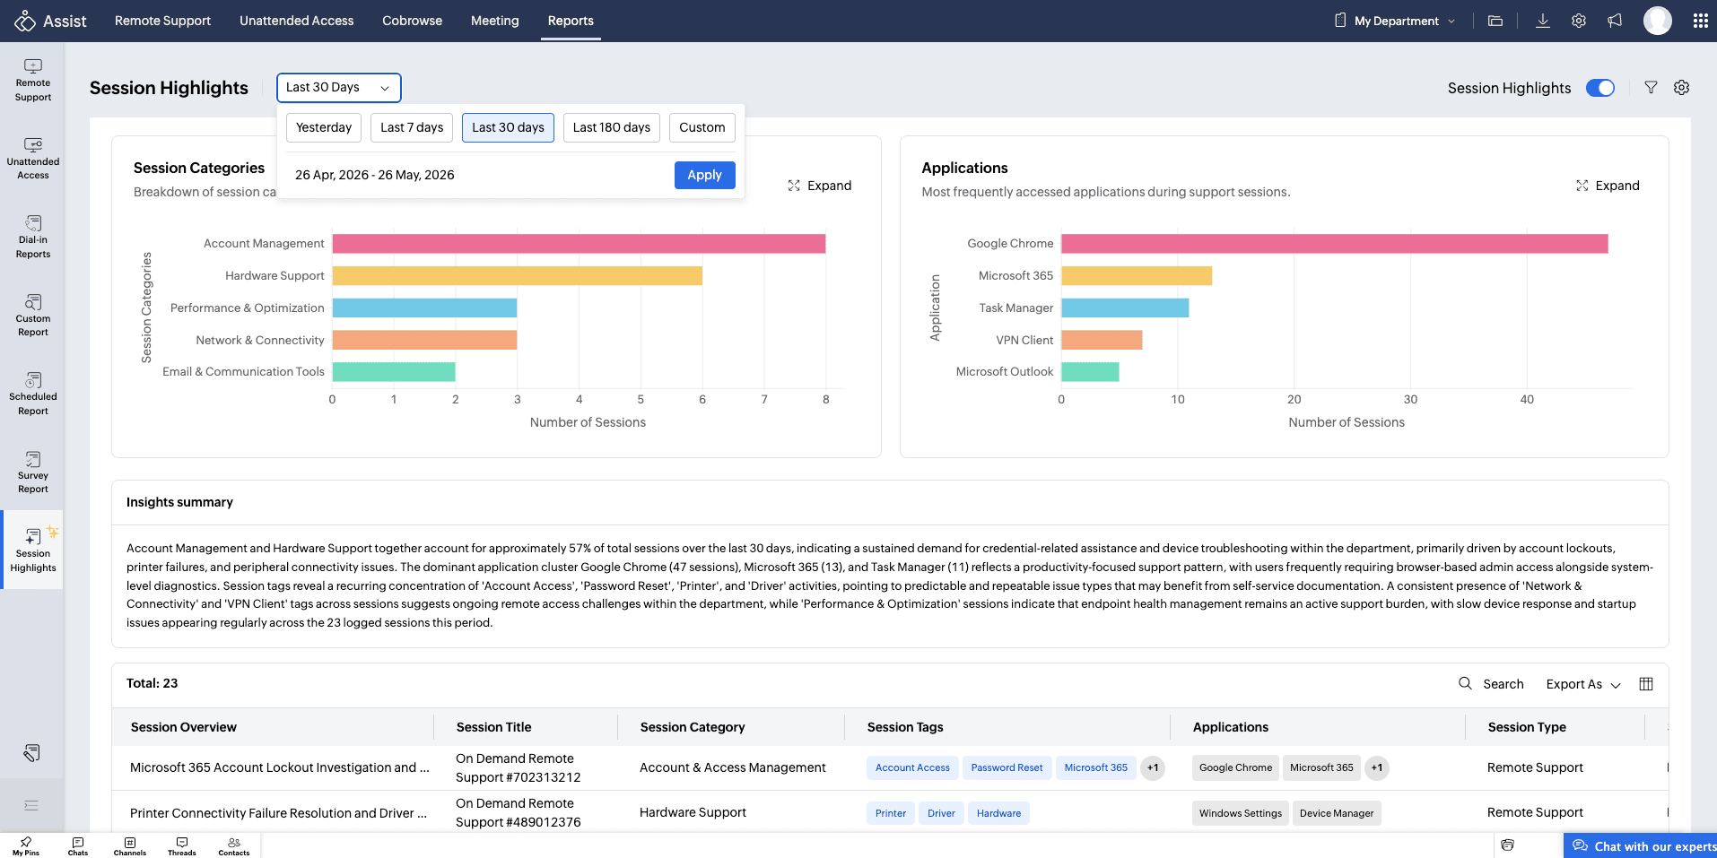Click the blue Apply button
(704, 175)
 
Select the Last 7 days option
(412, 127)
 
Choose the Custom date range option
(702, 127)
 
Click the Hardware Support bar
(518, 276)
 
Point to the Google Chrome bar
(1335, 244)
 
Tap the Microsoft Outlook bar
(1090, 372)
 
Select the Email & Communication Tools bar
(394, 372)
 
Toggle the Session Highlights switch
(1600, 88)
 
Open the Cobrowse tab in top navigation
(413, 21)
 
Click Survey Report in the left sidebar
(33, 472)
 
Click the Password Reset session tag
(1007, 767)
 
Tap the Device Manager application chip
(1337, 813)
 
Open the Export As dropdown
(1583, 684)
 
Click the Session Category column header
(693, 727)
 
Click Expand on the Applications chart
(1608, 186)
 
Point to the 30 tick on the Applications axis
(1411, 400)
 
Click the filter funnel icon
(1651, 88)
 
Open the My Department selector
(1396, 21)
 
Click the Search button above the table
(1491, 684)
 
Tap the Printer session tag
(891, 813)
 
